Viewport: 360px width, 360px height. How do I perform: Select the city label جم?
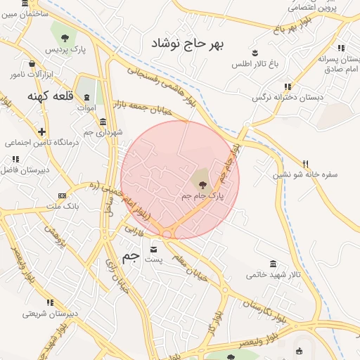click(131, 257)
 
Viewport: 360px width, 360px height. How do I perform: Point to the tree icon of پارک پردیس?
click(65, 37)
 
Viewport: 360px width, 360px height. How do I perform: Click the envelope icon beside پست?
click(154, 249)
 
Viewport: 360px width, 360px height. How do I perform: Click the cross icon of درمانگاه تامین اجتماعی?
click(42, 131)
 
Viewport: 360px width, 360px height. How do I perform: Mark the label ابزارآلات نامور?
click(27, 74)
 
